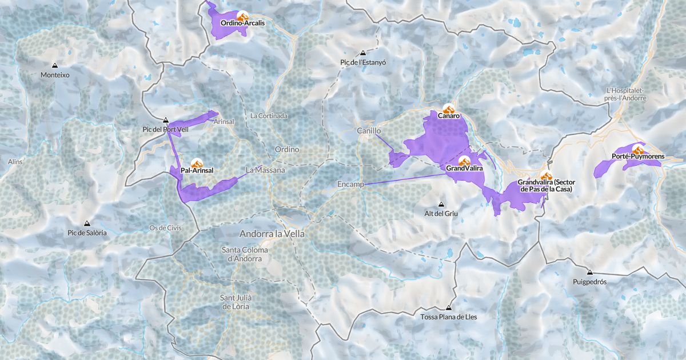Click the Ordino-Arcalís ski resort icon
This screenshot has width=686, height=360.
coord(242,17)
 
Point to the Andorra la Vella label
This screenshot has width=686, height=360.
coord(272,234)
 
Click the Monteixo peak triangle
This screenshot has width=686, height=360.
coord(55,66)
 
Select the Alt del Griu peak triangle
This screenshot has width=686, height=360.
coord(441,205)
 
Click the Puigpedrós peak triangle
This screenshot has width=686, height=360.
coord(589,273)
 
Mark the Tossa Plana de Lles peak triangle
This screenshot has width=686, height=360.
coord(448,307)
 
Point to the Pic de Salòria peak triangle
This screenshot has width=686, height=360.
coord(87,223)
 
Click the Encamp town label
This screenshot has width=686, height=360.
coord(350,184)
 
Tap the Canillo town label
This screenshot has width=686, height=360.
coord(369,131)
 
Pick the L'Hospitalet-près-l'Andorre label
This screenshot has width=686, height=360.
coord(626,94)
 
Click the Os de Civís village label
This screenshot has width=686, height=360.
coord(165,227)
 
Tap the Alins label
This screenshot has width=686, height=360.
coord(15,162)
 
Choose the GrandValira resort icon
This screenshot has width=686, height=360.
coord(464,161)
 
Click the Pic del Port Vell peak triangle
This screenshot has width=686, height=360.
coord(166,120)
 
